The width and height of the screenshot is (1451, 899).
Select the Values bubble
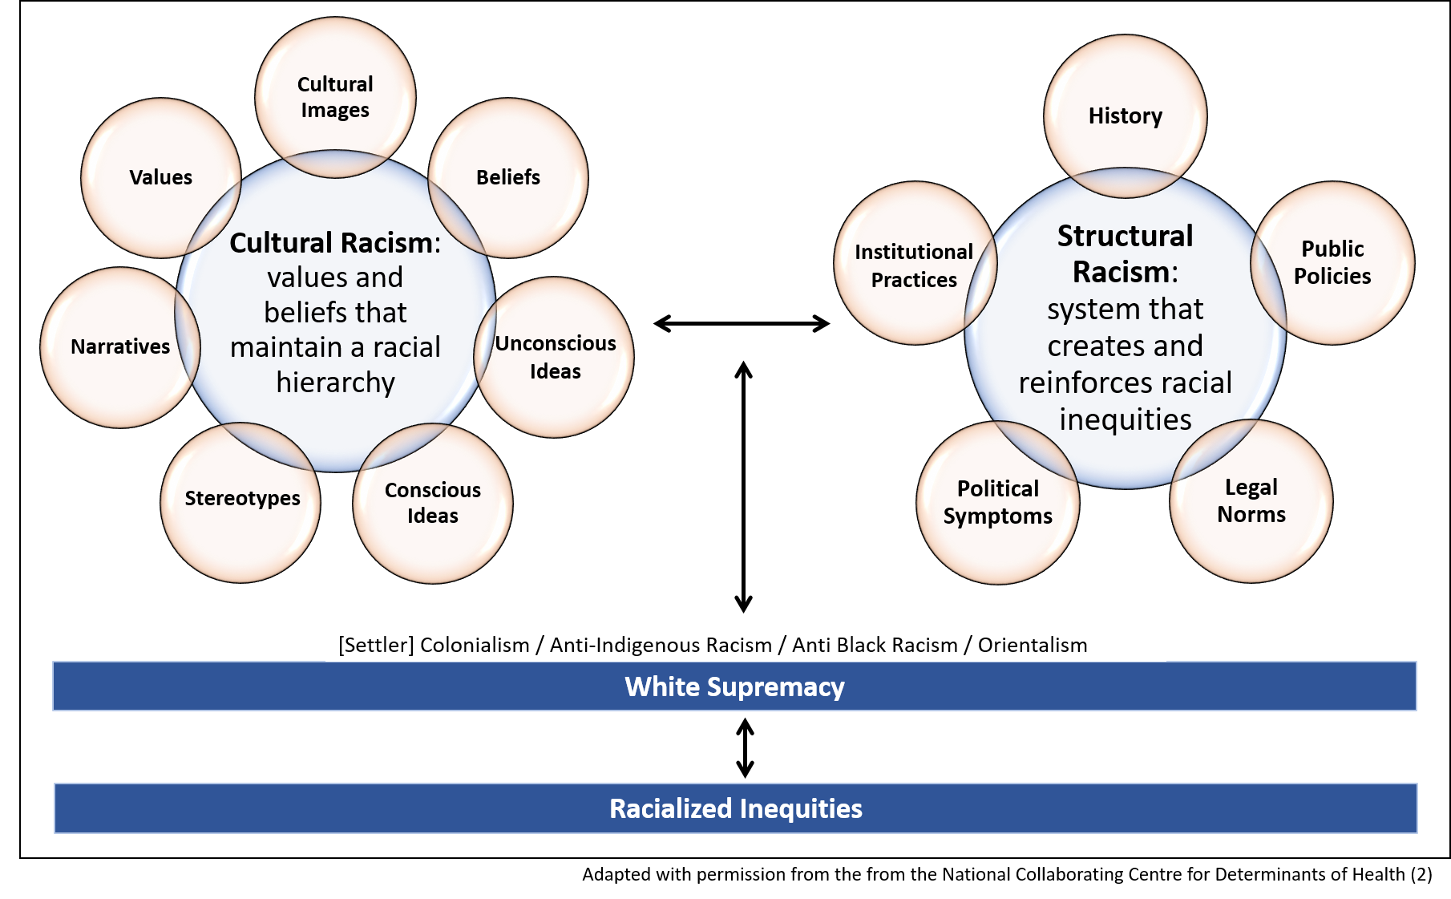(x=161, y=177)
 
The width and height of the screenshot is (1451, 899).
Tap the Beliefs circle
(x=508, y=177)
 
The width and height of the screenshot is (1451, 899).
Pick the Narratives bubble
(x=120, y=346)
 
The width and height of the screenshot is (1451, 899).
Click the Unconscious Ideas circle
(x=556, y=357)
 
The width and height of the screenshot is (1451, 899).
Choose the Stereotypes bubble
(x=242, y=498)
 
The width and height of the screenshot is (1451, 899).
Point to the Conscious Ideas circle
(x=433, y=503)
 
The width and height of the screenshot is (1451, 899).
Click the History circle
(x=1125, y=116)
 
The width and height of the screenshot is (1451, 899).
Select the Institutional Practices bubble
(x=914, y=265)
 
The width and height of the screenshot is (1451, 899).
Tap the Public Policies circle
(x=1332, y=262)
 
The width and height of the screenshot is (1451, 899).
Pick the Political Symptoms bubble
(x=998, y=502)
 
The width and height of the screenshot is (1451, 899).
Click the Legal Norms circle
(x=1251, y=500)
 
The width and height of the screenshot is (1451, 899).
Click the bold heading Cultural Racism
(x=331, y=243)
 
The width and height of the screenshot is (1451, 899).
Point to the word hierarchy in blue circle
(x=335, y=383)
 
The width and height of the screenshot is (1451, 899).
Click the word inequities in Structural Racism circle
(x=1125, y=419)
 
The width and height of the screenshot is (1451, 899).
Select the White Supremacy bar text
(x=734, y=686)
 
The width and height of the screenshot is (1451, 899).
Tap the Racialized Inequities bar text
(x=735, y=808)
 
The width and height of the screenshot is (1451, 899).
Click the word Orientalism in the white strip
(x=1033, y=645)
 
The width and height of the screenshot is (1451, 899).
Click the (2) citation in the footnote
(x=1421, y=874)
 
